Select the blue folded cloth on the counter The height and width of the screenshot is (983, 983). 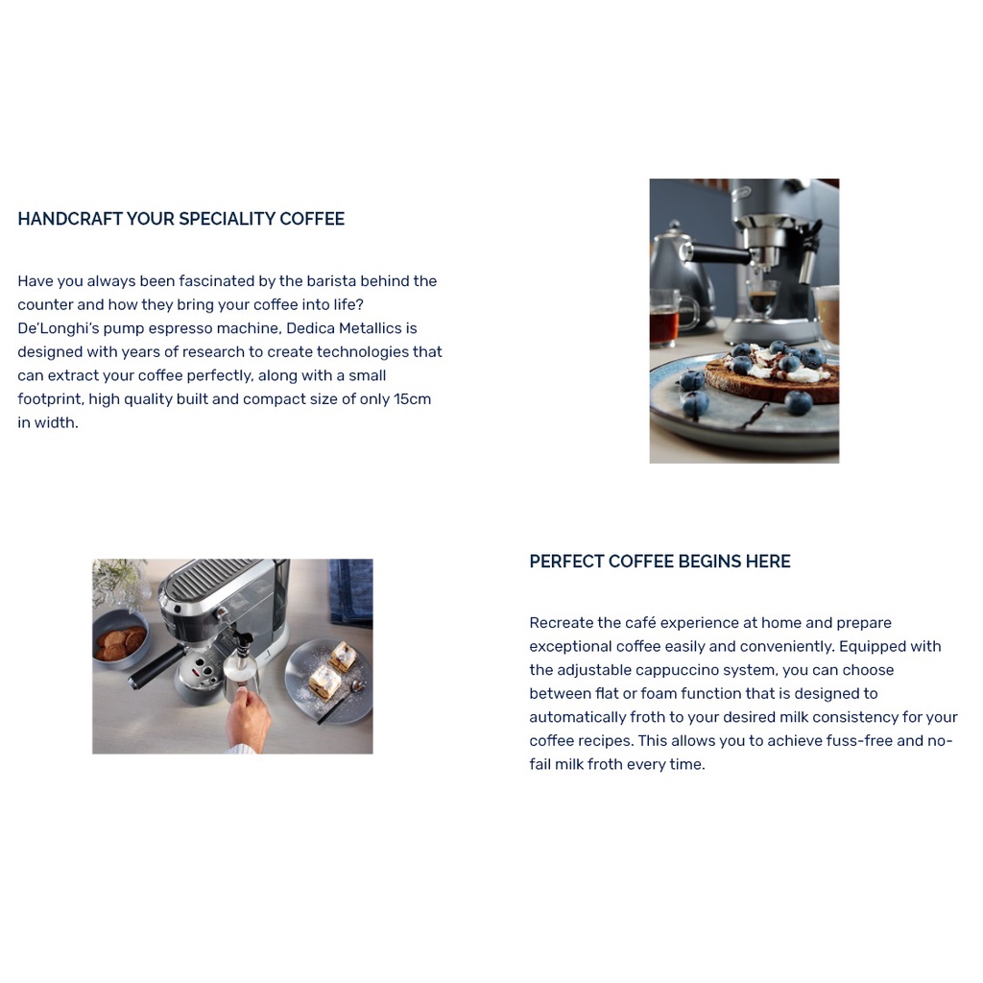pos(351,591)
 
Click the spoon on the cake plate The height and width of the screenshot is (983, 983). pos(343,702)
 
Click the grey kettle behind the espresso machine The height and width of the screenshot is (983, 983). pos(681,275)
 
